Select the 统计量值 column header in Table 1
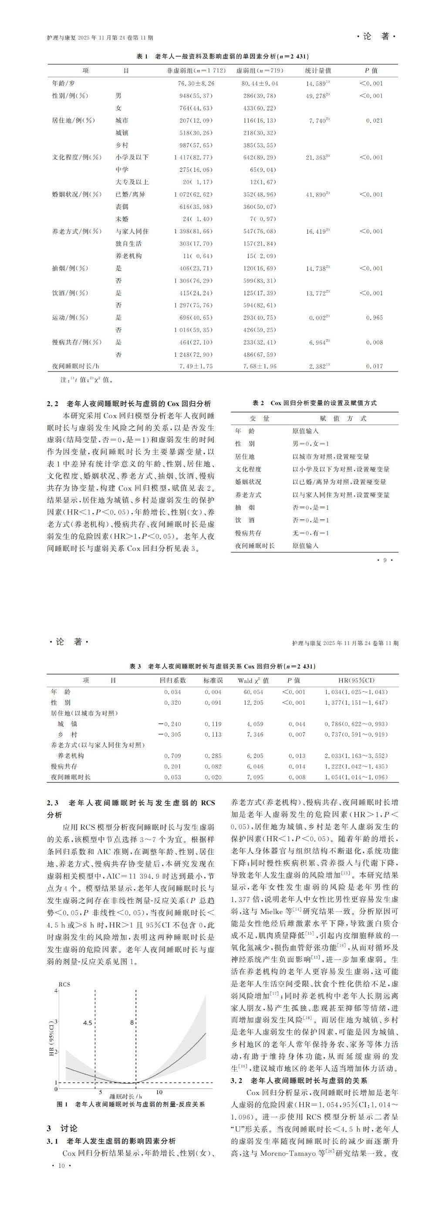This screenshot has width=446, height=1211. point(318,71)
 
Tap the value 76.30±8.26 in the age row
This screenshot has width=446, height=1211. point(196,83)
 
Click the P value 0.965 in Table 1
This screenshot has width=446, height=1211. point(374,318)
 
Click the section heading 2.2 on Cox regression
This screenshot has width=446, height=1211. point(129,403)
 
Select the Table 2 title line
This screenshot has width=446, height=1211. point(314,403)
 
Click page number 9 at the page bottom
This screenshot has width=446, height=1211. point(385,560)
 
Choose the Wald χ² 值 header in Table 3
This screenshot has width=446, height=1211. point(253,680)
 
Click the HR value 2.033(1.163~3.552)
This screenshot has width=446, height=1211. point(356,756)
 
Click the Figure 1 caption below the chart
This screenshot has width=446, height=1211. point(131,1104)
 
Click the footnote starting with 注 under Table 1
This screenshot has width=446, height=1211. point(83,380)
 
